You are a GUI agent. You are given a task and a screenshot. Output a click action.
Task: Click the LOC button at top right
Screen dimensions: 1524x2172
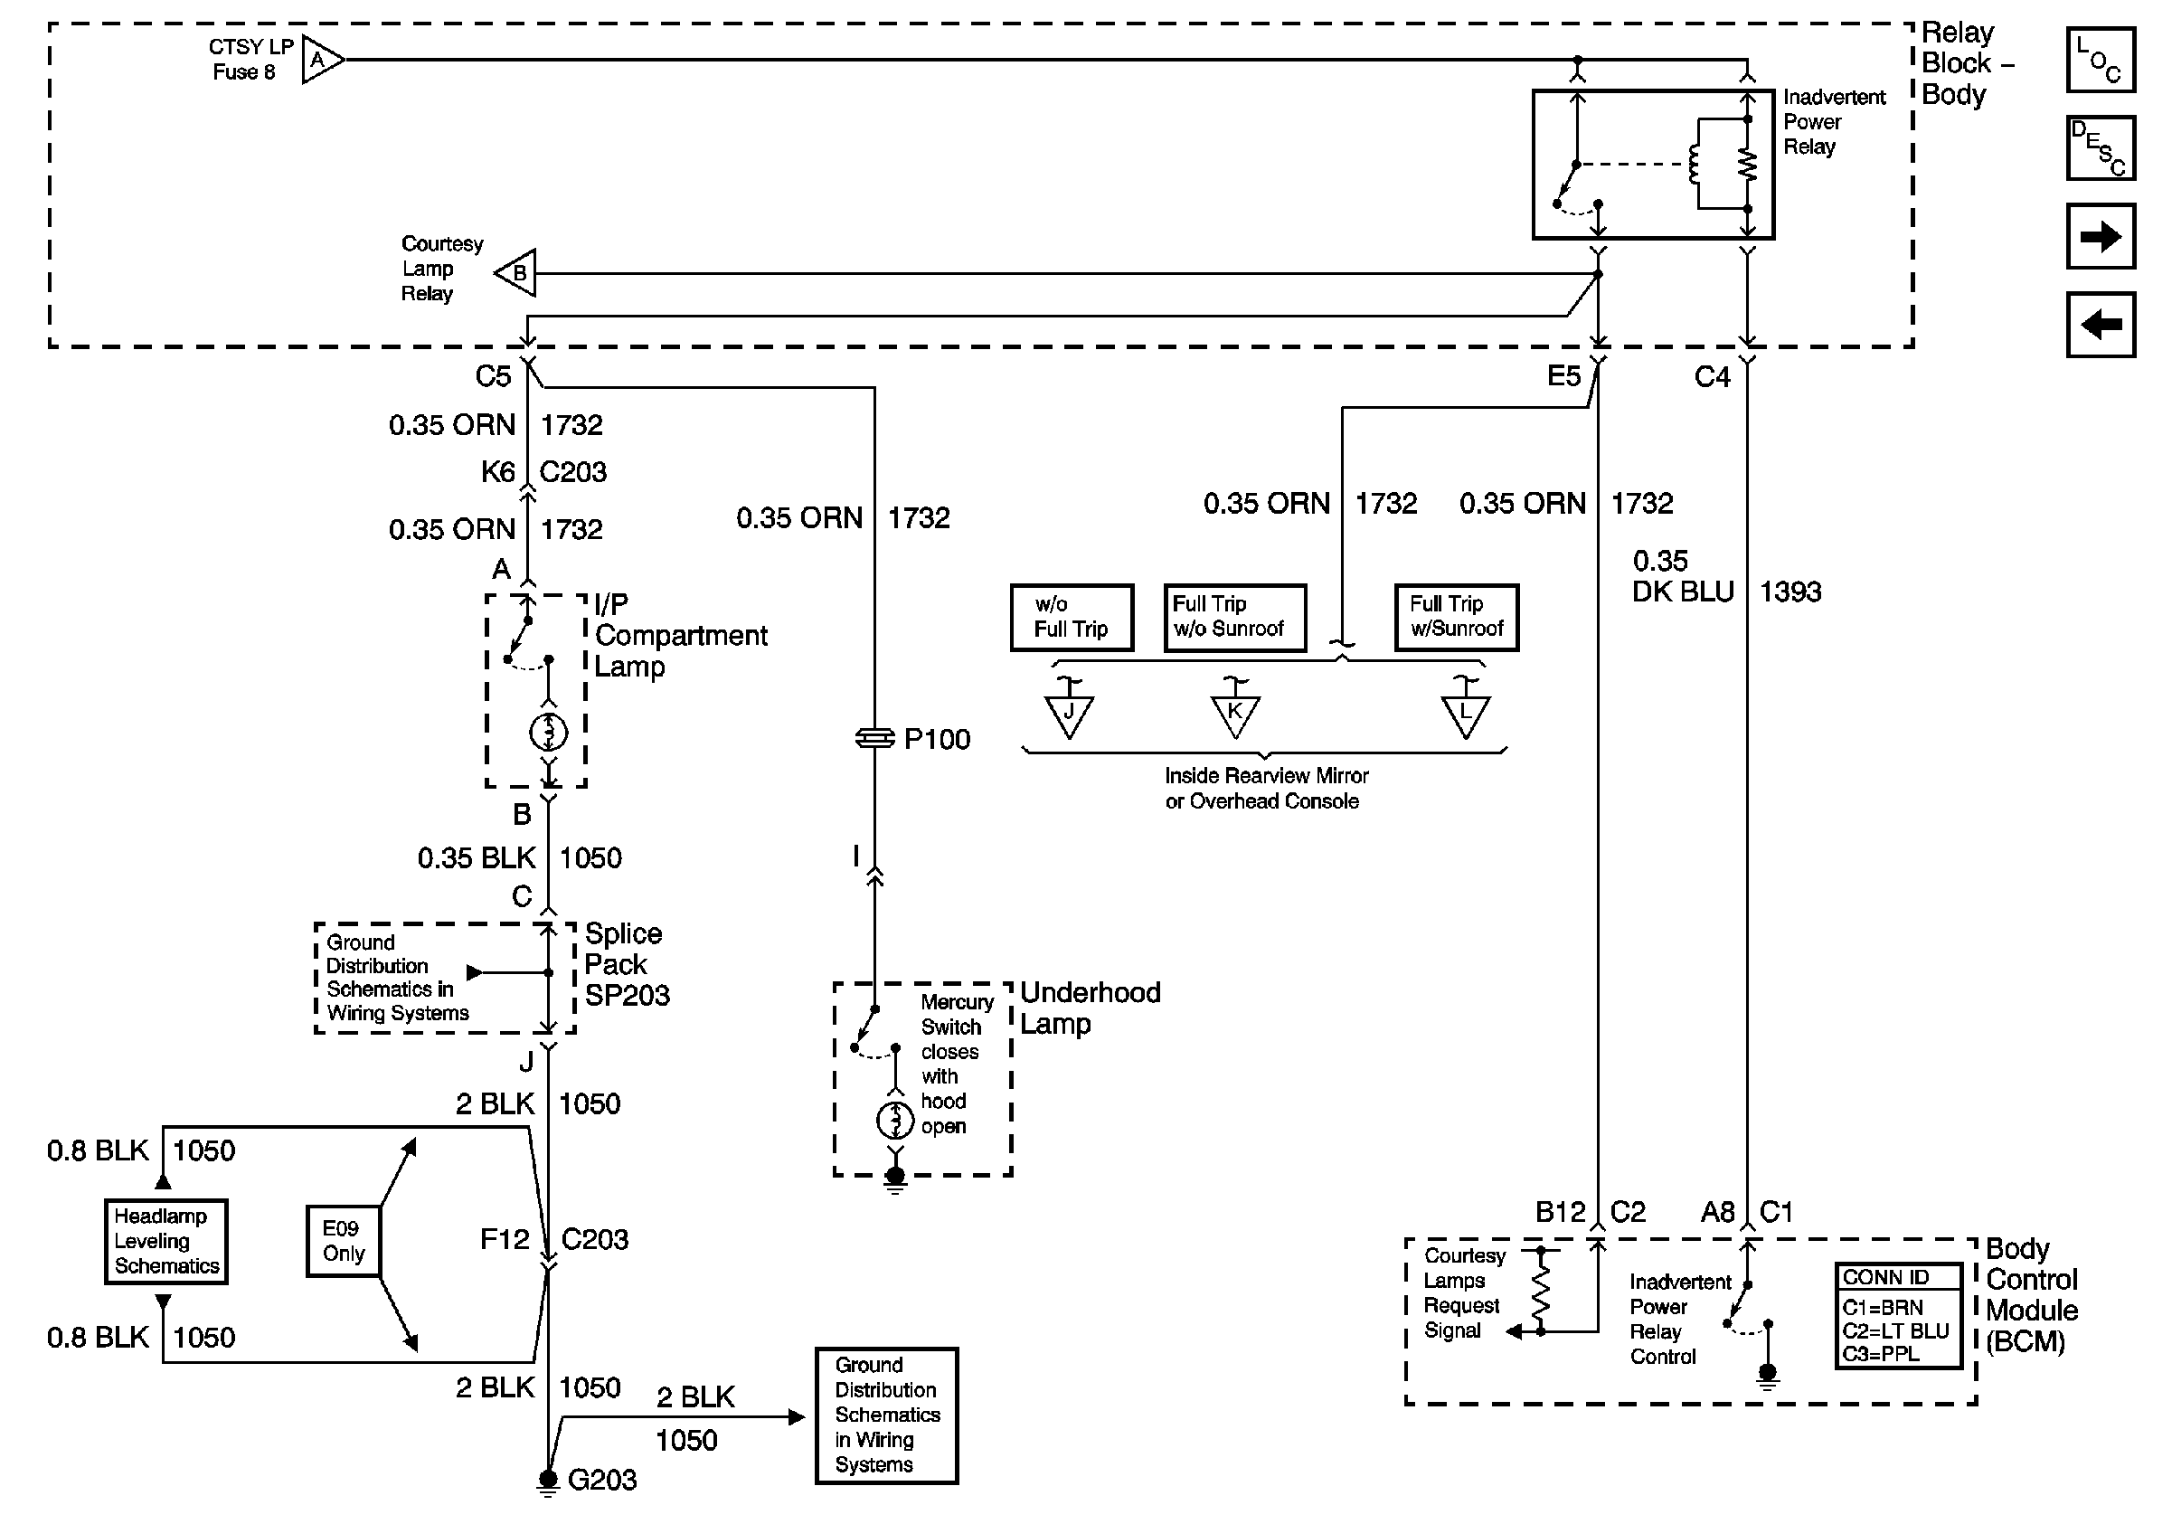[2100, 60]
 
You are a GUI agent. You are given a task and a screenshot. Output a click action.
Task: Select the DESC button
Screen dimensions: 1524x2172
[2100, 147]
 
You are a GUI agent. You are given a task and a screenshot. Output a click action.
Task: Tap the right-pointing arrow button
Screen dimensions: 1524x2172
[2100, 235]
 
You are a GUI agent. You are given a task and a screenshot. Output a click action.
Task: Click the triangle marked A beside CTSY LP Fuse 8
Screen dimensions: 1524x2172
[320, 61]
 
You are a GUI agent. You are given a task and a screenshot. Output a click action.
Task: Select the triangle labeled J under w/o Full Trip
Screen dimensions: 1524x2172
[1069, 715]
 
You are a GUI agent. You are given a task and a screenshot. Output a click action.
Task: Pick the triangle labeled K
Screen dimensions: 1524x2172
[1234, 715]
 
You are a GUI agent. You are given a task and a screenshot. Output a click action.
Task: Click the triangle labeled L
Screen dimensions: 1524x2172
[1466, 715]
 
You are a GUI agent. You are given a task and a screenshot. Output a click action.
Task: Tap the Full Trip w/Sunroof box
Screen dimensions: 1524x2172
[1456, 617]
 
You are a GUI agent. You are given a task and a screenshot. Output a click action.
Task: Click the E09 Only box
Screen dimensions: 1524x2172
[344, 1240]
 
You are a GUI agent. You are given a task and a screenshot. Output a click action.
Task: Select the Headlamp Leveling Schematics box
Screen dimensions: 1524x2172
[166, 1241]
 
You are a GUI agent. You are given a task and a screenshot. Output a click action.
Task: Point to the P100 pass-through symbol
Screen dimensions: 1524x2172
[874, 738]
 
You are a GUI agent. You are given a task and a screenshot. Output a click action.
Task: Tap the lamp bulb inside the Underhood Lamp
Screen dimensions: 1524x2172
[895, 1120]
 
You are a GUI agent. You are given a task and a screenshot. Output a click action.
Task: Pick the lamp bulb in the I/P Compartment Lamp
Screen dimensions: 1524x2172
[549, 733]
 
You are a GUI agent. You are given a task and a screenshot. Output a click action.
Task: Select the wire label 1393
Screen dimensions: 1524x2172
[1790, 592]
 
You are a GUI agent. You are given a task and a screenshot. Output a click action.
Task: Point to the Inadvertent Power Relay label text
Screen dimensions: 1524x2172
[1833, 122]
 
